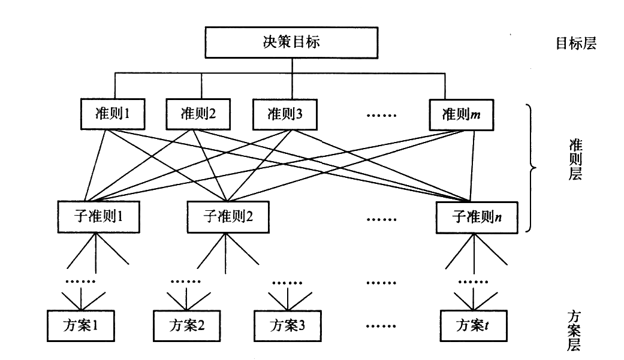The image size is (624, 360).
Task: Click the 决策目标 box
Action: (x=292, y=43)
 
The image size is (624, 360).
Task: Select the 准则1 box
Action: (x=113, y=114)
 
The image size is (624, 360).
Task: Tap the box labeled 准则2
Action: (x=198, y=114)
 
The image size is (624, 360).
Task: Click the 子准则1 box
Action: (x=98, y=217)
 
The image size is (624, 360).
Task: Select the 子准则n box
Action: (x=477, y=217)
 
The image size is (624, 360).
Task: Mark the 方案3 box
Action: (x=287, y=326)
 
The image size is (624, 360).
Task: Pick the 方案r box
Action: (x=474, y=326)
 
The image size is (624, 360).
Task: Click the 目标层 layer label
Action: (x=576, y=44)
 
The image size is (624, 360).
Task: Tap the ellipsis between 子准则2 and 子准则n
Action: (x=381, y=219)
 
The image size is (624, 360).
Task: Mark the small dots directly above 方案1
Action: (x=80, y=282)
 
